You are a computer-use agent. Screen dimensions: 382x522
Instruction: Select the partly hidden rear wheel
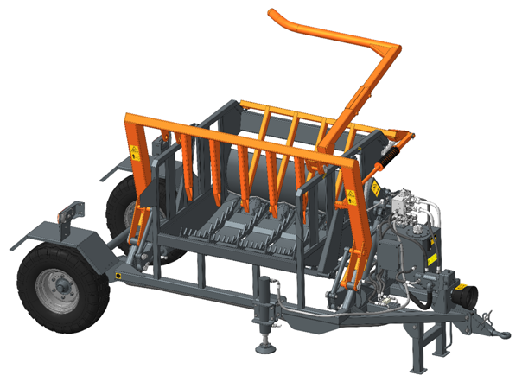tap(122, 204)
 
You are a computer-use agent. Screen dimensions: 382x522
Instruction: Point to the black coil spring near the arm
tap(386, 156)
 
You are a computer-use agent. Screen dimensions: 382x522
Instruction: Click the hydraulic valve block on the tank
tap(405, 207)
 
